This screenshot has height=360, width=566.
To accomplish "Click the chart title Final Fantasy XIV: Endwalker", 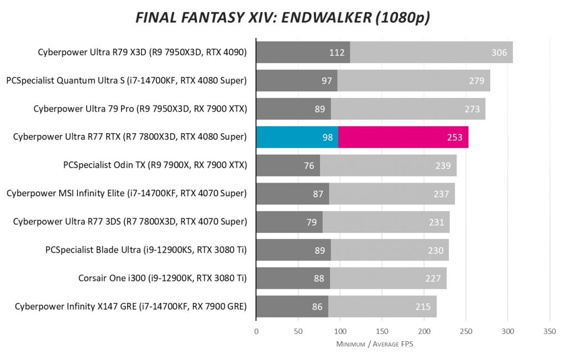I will pos(282,18).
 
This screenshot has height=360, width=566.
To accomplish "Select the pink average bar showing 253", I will pos(403,137).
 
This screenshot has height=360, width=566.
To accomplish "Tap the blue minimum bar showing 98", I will pos(297,137).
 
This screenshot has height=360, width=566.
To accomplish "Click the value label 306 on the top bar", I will pos(499,53).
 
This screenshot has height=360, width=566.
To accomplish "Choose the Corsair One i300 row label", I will pos(163,278).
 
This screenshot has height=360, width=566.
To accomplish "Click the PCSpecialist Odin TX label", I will pos(155,165).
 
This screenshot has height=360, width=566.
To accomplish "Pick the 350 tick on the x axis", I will pos(549,331).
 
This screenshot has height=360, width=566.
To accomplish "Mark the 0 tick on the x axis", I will pos(256,331).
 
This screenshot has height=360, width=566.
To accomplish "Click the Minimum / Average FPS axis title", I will pos(374,344).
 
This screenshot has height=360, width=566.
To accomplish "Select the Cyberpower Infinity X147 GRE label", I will pos(130,306).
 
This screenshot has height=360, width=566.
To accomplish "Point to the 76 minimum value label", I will pos(309,165).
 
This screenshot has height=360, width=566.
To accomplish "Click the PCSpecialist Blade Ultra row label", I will pos(146,250).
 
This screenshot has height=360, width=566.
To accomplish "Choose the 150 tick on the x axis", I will pos(382,331).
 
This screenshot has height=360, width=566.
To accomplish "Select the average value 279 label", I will pos(476,81).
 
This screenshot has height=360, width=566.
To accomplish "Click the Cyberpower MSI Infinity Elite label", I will pos(127,194).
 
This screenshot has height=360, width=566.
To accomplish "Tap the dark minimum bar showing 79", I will pos(289,222).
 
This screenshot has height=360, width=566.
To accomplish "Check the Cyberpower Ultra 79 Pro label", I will pos(140,109).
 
